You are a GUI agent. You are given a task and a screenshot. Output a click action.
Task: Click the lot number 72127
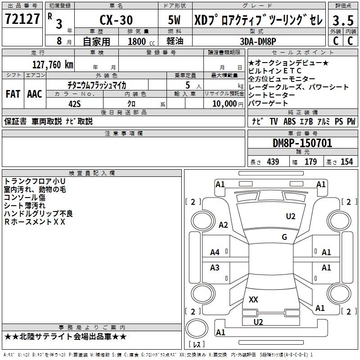click(x=22, y=19)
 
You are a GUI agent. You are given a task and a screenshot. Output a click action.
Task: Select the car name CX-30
click(x=116, y=20)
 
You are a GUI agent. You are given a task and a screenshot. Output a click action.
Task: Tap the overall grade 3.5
click(x=343, y=20)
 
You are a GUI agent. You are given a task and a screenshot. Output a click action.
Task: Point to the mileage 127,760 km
click(x=53, y=64)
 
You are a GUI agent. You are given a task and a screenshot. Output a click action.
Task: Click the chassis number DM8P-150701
click(x=302, y=143)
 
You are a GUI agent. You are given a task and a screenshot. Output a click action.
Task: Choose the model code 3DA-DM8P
click(x=258, y=41)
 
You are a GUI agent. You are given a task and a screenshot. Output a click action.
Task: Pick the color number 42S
click(x=75, y=104)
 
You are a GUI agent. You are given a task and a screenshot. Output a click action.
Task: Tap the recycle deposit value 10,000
click(x=225, y=103)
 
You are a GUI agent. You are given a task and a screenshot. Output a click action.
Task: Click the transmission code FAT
click(x=13, y=94)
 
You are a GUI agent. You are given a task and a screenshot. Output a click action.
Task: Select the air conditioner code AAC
click(x=35, y=94)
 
